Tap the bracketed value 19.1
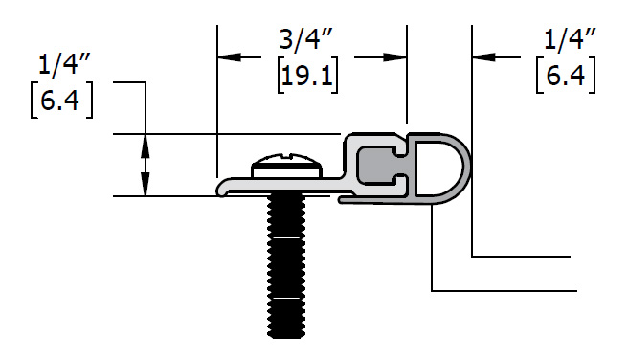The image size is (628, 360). [x=307, y=76]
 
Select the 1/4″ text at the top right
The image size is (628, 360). [x=570, y=40]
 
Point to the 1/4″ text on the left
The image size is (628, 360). [x=64, y=64]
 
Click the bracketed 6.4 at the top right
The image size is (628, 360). [x=566, y=76]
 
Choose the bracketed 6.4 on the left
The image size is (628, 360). [x=61, y=101]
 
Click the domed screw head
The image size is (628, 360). [x=287, y=165]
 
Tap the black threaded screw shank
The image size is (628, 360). [x=285, y=266]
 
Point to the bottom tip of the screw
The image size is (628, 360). [x=285, y=338]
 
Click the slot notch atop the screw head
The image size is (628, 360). [x=287, y=154]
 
